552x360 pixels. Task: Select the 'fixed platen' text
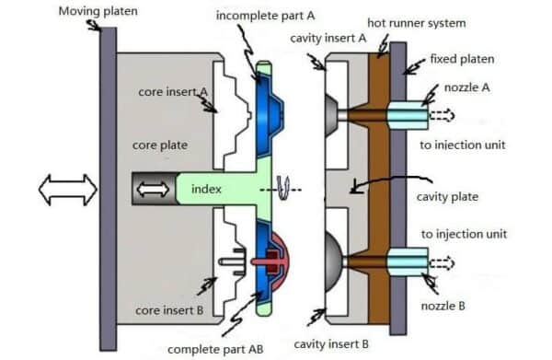click(x=463, y=59)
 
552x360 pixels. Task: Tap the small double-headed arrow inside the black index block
click(x=153, y=190)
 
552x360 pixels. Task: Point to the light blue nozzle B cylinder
click(x=404, y=261)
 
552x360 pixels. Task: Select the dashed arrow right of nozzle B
click(x=443, y=261)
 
